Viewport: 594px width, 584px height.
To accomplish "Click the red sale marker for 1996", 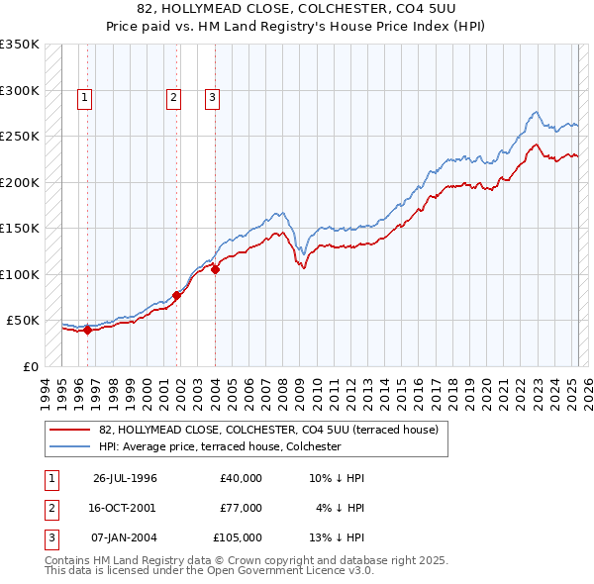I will [x=87, y=331].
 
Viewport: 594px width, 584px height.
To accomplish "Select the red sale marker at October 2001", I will [x=177, y=295].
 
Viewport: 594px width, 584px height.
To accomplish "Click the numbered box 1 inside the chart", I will [x=85, y=97].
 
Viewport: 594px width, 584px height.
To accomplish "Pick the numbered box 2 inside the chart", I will [x=173, y=97].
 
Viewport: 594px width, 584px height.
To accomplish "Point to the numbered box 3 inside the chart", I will [x=212, y=97].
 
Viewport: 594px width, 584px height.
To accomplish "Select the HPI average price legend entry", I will [x=219, y=446].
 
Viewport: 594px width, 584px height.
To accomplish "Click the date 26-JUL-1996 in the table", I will [x=125, y=478].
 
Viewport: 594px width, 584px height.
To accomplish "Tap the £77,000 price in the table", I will [x=241, y=508].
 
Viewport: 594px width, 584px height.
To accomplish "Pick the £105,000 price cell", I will [x=238, y=537].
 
